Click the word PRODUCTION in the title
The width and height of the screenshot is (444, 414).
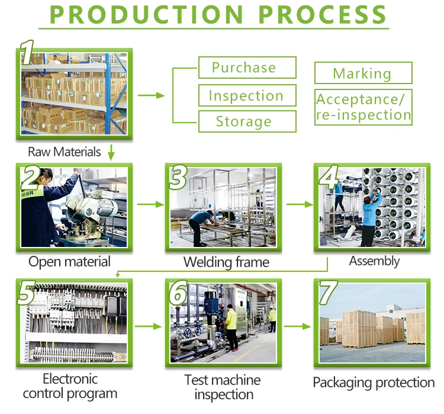tap(144, 14)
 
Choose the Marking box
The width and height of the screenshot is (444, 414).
tap(362, 73)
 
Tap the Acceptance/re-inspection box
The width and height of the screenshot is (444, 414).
tap(363, 107)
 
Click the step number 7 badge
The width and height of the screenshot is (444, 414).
tap(327, 291)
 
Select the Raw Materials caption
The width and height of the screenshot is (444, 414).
tap(65, 152)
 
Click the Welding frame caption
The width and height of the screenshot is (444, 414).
tap(226, 262)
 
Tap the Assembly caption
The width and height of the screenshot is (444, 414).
tap(374, 261)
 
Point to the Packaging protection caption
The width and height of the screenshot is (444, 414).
tap(374, 383)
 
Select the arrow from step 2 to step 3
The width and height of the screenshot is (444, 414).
tap(150, 204)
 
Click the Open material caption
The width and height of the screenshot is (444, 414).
tap(70, 262)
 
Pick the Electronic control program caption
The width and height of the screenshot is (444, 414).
tap(70, 386)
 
